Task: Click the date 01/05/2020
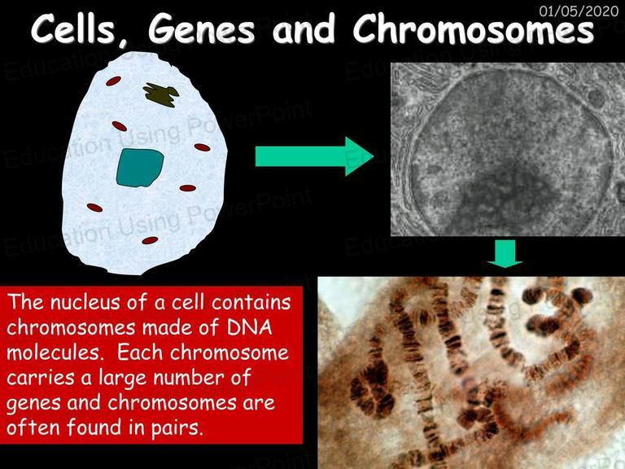[579, 11]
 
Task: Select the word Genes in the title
[201, 30]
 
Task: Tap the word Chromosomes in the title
[474, 30]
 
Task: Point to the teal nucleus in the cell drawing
[140, 168]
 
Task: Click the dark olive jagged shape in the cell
[161, 95]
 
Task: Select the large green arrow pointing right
[314, 156]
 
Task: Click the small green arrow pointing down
[505, 254]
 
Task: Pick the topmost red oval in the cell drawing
[114, 81]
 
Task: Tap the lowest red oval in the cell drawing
[150, 240]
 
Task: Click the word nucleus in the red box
[85, 302]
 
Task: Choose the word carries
[41, 378]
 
